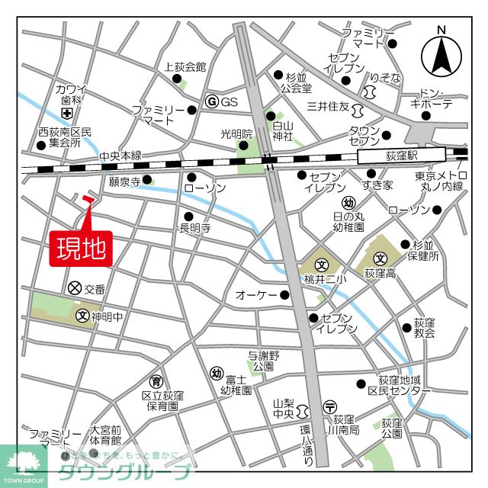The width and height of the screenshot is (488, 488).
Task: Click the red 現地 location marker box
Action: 81,249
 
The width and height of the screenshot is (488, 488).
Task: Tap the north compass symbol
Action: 441,53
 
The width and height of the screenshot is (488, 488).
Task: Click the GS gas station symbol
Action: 212,101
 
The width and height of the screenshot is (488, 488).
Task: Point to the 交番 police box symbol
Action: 75,288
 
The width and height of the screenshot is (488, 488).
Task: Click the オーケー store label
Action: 255,295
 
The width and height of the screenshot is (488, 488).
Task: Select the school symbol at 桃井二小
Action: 322,265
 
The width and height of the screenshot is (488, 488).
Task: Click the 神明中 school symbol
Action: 82,315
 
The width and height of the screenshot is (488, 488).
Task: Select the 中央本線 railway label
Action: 120,156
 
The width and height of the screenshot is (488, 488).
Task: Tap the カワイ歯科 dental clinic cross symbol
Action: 67,114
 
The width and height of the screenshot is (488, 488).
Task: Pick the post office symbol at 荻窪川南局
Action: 329,406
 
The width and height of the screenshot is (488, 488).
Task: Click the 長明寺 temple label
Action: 194,228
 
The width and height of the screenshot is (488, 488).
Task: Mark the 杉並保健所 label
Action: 425,250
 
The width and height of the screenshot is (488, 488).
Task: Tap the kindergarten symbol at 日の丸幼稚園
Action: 348,203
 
